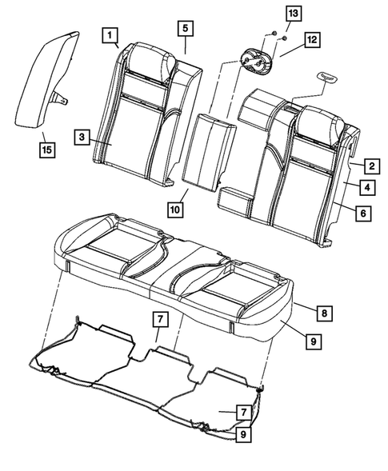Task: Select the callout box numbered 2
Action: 370,167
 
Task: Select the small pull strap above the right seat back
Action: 329,76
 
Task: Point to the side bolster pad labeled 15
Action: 46,80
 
